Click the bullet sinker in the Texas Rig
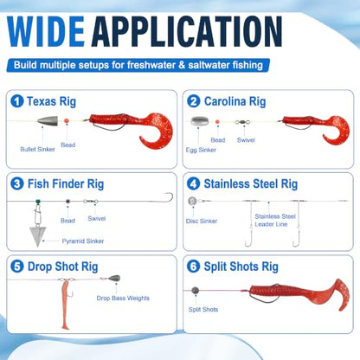(x=48, y=120)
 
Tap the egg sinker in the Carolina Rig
(x=198, y=121)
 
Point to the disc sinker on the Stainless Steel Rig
(x=192, y=201)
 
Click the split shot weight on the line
(x=196, y=290)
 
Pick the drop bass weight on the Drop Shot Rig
(x=114, y=279)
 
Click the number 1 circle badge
(x=17, y=101)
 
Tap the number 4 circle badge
(x=193, y=183)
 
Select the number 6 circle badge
(x=193, y=267)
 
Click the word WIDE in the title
(x=46, y=32)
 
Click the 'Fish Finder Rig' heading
(x=66, y=184)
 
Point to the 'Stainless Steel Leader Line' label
(x=275, y=220)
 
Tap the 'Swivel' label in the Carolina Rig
(x=246, y=140)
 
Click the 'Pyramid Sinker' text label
(x=83, y=241)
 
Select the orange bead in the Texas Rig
(x=67, y=121)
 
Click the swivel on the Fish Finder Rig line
(x=91, y=202)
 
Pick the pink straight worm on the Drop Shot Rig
(x=65, y=305)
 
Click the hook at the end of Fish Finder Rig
(x=168, y=198)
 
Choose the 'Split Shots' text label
(x=203, y=310)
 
